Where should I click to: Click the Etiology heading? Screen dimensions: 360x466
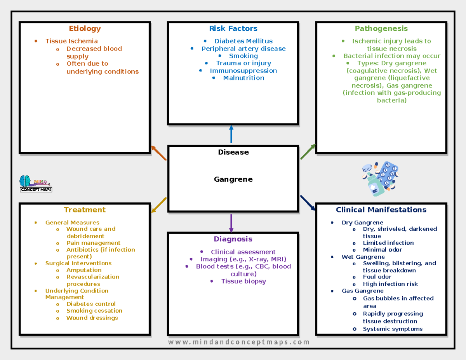pyautogui.click(x=85, y=28)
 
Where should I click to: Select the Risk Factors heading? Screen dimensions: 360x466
pyautogui.click(x=233, y=28)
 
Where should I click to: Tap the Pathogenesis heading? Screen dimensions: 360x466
pyautogui.click(x=381, y=28)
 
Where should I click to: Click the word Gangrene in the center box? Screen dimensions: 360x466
pyautogui.click(x=233, y=179)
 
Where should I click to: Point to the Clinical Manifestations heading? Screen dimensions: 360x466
pyautogui.click(x=381, y=210)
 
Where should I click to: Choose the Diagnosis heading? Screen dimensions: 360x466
pyautogui.click(x=233, y=239)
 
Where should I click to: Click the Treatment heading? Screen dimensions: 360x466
pyautogui.click(x=85, y=210)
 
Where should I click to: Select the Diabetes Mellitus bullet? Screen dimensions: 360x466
pyautogui.click(x=243, y=41)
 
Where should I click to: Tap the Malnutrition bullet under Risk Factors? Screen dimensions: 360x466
pyautogui.click(x=243, y=78)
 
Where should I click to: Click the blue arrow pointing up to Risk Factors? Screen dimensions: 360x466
pyautogui.click(x=231, y=134)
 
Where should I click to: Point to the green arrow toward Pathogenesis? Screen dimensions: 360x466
pyautogui.click(x=308, y=151)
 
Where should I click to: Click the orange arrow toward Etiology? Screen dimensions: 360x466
pyautogui.click(x=158, y=153)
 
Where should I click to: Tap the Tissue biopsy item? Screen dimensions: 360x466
pyautogui.click(x=243, y=281)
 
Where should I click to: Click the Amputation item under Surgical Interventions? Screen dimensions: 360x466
pyautogui.click(x=84, y=270)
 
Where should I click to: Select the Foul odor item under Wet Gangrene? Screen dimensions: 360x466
pyautogui.click(x=377, y=277)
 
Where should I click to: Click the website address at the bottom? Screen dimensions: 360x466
pyautogui.click(x=239, y=342)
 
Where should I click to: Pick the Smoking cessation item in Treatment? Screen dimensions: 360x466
pyautogui.click(x=94, y=311)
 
